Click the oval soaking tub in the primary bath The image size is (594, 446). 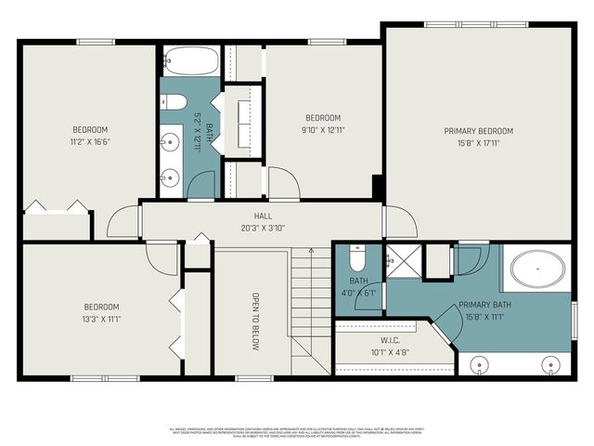[x=539, y=270]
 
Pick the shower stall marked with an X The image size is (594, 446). [x=402, y=260]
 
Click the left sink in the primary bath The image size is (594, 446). [x=480, y=363]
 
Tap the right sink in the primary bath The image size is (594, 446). [x=553, y=363]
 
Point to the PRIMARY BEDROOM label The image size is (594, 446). [x=478, y=131]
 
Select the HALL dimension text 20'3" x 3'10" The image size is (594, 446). [x=263, y=228]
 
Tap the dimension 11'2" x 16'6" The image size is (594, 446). [x=91, y=141]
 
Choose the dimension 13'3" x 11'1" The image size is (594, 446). [x=102, y=320]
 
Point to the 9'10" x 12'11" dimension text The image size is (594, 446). [x=324, y=130]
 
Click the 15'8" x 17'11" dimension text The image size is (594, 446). [x=478, y=143]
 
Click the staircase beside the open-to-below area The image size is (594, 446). [x=311, y=307]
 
